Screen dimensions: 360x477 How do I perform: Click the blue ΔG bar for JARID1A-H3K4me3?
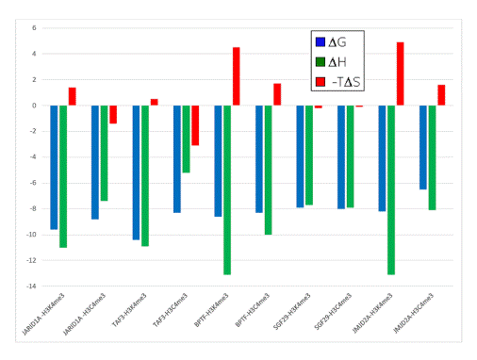pyautogui.click(x=54, y=167)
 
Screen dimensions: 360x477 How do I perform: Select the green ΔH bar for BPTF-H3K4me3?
pyautogui.click(x=227, y=189)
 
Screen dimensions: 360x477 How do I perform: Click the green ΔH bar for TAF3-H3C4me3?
pyautogui.click(x=187, y=139)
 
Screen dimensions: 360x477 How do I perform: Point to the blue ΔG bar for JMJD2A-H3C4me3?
pyautogui.click(x=423, y=147)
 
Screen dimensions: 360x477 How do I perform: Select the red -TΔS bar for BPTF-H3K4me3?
pyautogui.click(x=236, y=76)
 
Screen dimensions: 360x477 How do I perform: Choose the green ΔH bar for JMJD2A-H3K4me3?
pyautogui.click(x=391, y=189)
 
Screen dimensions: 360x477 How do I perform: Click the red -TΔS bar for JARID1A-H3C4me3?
pyautogui.click(x=113, y=114)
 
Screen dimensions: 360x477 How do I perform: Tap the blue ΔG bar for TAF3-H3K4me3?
pyautogui.click(x=136, y=172)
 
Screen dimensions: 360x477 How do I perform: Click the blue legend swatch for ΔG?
pyautogui.click(x=321, y=41)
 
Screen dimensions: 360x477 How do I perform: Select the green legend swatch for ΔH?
pyautogui.click(x=321, y=62)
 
